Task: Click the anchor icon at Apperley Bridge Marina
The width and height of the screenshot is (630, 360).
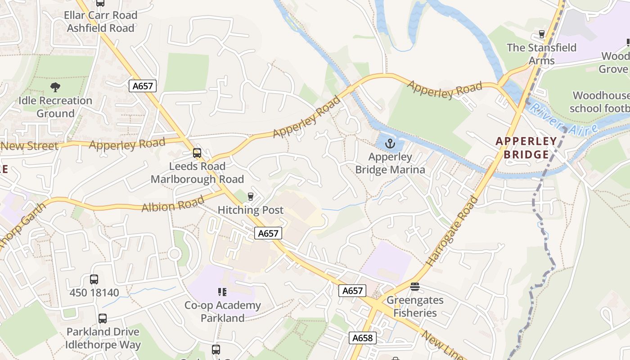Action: pyautogui.click(x=390, y=144)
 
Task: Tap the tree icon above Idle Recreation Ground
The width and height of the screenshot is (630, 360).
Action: pyautogui.click(x=55, y=87)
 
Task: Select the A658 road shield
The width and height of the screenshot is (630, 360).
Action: pyautogui.click(x=362, y=338)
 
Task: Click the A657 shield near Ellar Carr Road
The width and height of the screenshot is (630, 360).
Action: pyautogui.click(x=143, y=86)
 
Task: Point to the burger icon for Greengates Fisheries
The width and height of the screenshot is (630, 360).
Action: pyautogui.click(x=415, y=287)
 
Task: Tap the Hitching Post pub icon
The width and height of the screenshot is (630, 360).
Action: pyautogui.click(x=251, y=197)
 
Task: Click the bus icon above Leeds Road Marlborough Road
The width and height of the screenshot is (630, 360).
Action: pyautogui.click(x=197, y=153)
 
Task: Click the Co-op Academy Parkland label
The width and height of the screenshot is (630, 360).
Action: pyautogui.click(x=222, y=311)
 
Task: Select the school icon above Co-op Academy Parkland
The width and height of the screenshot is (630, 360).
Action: pyautogui.click(x=222, y=292)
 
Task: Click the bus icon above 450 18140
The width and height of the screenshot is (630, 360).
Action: pyautogui.click(x=94, y=279)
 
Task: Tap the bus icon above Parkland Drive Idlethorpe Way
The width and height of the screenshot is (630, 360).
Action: pyautogui.click(x=103, y=319)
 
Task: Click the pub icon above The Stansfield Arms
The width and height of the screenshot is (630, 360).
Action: pyautogui.click(x=542, y=34)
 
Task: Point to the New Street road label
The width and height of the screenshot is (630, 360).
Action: pyautogui.click(x=30, y=146)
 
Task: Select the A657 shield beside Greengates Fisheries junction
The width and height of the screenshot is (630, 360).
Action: pyautogui.click(x=352, y=291)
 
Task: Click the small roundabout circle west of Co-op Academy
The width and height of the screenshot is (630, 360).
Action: pyautogui.click(x=175, y=254)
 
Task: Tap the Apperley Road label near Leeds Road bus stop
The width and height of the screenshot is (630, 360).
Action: pyautogui.click(x=127, y=144)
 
